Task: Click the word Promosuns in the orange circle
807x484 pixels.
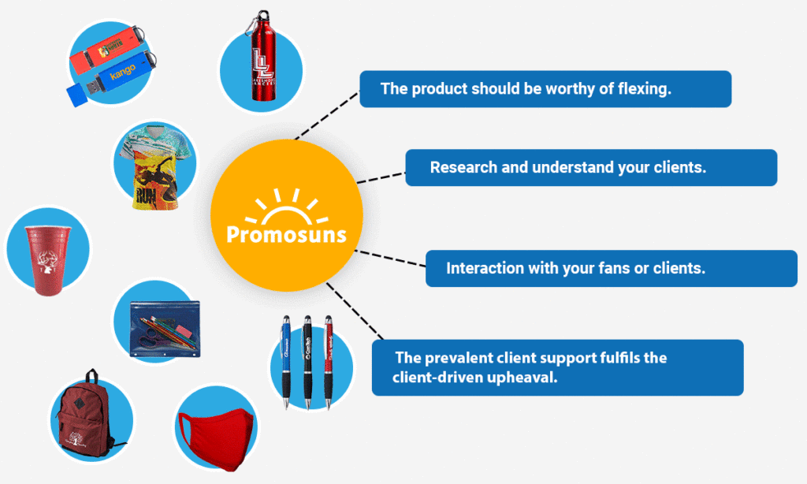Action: tap(286, 235)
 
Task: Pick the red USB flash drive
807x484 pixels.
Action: tap(106, 54)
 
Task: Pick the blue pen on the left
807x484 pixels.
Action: tap(287, 359)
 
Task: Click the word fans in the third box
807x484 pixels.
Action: tap(609, 268)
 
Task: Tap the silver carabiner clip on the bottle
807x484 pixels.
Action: tap(255, 23)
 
